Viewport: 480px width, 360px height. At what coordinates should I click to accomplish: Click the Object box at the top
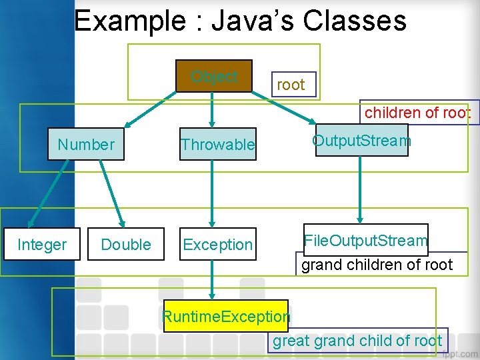click(x=214, y=76)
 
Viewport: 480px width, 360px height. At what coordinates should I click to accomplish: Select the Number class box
click(x=86, y=144)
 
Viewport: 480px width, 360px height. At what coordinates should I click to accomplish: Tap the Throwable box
click(x=218, y=145)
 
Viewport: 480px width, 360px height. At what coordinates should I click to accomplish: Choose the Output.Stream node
click(x=361, y=140)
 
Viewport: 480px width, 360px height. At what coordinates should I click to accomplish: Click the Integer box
click(x=41, y=245)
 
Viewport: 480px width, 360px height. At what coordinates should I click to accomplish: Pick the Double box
click(x=126, y=245)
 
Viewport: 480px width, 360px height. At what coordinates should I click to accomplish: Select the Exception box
click(x=218, y=245)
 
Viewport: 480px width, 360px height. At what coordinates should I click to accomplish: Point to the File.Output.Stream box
click(x=365, y=240)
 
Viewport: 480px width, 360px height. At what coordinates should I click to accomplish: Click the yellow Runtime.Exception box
click(x=226, y=316)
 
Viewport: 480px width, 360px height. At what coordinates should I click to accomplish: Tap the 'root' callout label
click(x=291, y=85)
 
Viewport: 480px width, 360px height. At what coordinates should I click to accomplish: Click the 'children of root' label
click(x=417, y=113)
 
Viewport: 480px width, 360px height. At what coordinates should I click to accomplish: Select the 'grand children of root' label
click(x=377, y=265)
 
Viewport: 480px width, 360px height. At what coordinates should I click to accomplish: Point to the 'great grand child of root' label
click(x=357, y=341)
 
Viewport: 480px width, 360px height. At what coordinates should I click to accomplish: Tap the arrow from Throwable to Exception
click(x=212, y=194)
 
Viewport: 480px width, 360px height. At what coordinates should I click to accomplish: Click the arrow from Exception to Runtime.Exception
click(x=212, y=279)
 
